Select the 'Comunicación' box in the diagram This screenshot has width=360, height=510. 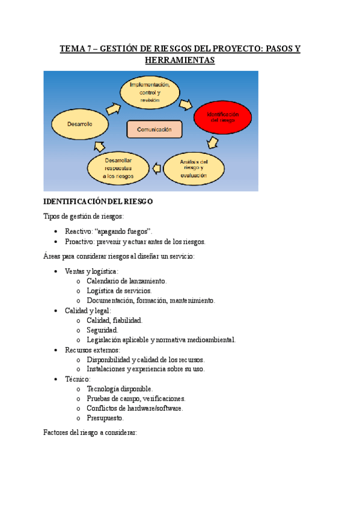coord(154,129)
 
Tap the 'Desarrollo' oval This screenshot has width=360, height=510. coord(79,124)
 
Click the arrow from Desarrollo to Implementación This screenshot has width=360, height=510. coord(112,107)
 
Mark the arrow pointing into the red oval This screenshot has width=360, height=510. coord(186,105)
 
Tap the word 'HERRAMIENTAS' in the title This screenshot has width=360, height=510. coord(180,61)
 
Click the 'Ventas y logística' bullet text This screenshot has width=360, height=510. coord(91,271)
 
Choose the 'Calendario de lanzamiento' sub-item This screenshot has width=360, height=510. coord(126,281)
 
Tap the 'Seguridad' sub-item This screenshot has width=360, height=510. coord(102,330)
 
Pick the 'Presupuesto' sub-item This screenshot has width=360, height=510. coord(105,417)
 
